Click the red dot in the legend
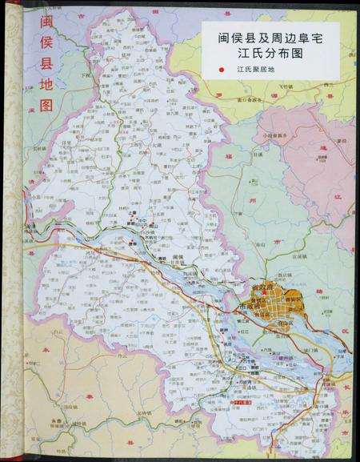[220, 70]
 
